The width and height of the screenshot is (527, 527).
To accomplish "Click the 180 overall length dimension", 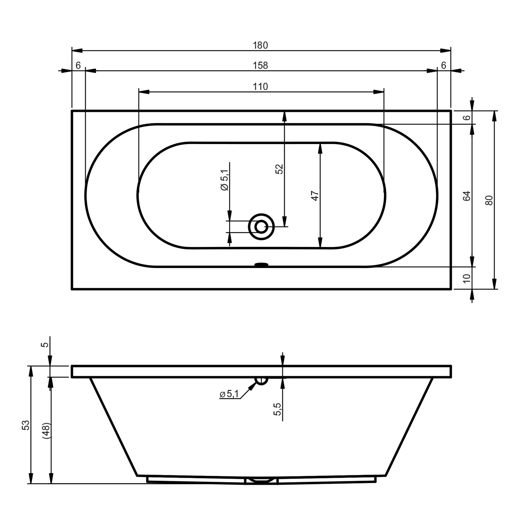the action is click(260, 45).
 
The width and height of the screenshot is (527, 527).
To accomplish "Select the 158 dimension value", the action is click(260, 66).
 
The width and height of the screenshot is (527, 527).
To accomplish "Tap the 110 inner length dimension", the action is click(260, 87).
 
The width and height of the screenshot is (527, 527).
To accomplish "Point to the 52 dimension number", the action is click(279, 169).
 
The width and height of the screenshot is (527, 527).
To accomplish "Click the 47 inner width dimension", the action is click(315, 196).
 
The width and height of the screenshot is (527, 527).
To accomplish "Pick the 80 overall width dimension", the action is click(489, 200).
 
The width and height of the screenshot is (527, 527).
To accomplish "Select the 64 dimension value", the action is click(467, 196).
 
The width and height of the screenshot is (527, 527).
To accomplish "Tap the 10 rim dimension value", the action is click(467, 278).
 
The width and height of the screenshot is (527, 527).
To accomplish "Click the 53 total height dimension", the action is click(26, 425).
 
